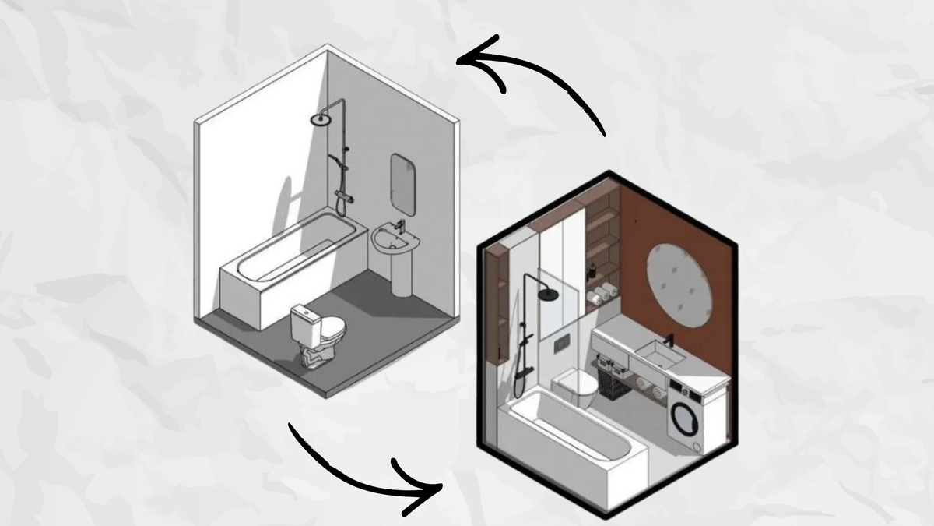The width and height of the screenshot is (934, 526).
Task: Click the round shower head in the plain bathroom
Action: [320, 119]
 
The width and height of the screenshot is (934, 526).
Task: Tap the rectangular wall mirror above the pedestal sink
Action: [402, 182]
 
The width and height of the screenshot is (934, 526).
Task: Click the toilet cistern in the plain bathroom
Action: [304, 319]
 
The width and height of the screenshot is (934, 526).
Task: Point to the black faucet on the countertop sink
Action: [669, 341]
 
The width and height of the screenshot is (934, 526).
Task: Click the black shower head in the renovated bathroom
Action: [549, 294]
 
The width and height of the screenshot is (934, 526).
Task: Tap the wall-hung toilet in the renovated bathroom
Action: [576, 385]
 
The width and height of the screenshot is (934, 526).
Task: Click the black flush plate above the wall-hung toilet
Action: [564, 344]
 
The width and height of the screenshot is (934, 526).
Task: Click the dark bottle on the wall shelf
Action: [593, 270]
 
